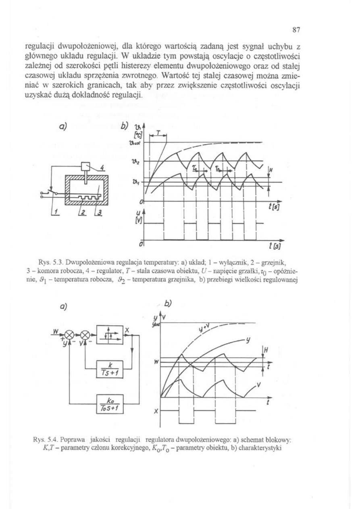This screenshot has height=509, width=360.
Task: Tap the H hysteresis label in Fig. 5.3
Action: click(x=271, y=170)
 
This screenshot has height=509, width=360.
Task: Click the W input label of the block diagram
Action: click(x=54, y=331)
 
